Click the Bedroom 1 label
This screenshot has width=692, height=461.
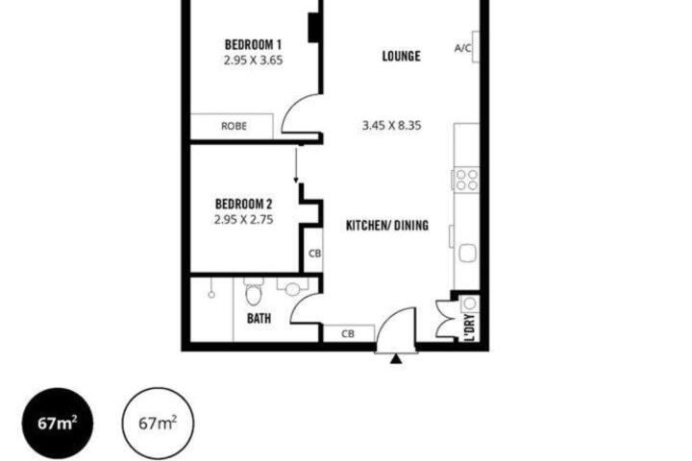(253, 44)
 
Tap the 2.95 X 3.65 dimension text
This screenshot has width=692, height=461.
(253, 61)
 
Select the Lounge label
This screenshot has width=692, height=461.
(401, 56)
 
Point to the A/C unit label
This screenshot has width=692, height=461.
(463, 48)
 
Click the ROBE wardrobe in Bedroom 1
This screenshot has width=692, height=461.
(232, 127)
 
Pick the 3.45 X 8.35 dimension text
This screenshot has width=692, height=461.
(391, 126)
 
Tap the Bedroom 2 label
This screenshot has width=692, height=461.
(243, 204)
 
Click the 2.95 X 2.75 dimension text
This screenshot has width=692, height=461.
(243, 220)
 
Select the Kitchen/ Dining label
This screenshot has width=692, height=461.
(387, 226)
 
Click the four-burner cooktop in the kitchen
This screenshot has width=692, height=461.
(466, 180)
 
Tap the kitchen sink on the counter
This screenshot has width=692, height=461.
(467, 254)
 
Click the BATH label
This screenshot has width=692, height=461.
(259, 318)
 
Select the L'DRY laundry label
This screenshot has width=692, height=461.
(470, 328)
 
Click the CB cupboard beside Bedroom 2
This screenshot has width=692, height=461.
(314, 254)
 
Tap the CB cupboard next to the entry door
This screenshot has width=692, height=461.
(348, 334)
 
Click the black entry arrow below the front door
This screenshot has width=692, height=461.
(396, 359)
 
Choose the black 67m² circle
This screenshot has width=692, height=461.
(58, 423)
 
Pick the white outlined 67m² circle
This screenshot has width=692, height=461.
(158, 423)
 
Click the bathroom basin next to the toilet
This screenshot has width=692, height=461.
(292, 289)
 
